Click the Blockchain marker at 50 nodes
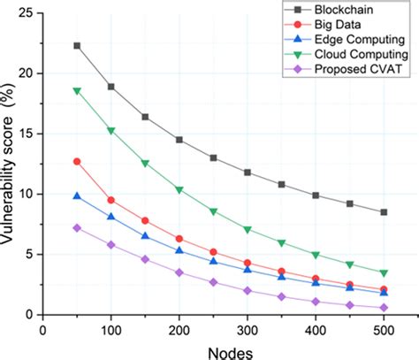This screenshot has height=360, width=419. (77, 45)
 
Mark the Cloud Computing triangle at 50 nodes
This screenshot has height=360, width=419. (77, 90)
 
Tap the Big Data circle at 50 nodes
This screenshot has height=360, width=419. (77, 161)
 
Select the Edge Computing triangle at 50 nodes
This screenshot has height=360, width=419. (77, 195)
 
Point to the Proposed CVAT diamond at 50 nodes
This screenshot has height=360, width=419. (77, 227)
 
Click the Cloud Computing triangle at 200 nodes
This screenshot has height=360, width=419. (179, 190)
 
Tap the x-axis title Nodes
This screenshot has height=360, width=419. (224, 350)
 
